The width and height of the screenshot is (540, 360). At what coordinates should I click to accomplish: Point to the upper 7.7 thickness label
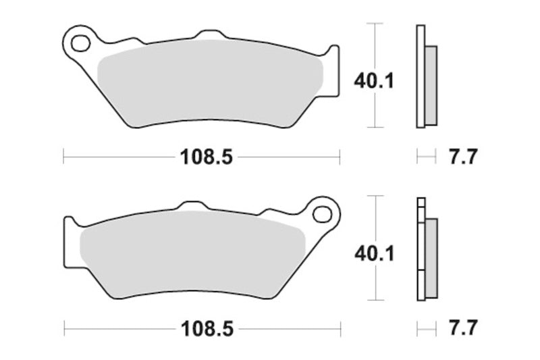(x=463, y=157)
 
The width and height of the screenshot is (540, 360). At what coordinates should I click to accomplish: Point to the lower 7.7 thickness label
(x=463, y=330)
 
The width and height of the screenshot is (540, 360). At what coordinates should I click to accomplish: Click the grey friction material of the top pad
(x=209, y=84)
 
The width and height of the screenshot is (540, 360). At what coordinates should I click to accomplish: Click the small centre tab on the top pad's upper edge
(x=210, y=33)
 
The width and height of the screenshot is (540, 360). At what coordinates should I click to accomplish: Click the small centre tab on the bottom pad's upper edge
(x=193, y=205)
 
